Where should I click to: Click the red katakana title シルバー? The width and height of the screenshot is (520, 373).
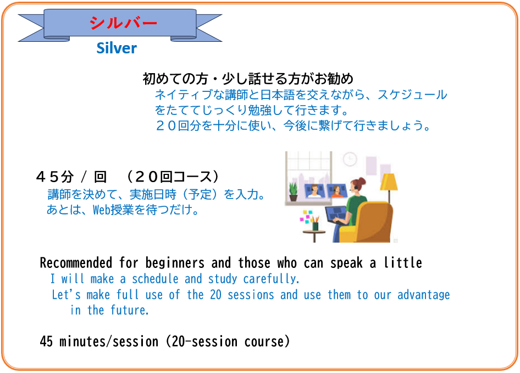point(123,23)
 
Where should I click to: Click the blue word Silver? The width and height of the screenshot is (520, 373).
point(117,48)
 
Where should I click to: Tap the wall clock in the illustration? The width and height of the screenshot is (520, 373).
point(350,159)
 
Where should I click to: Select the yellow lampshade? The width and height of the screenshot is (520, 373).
point(389,182)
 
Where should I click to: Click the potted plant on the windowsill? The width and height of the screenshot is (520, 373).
point(293,191)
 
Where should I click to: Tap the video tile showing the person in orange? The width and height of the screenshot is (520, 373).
point(336,191)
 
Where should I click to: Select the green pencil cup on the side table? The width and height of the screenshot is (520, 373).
point(315,226)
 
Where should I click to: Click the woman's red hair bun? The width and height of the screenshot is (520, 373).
point(362,181)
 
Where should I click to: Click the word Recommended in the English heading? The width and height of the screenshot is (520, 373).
point(76,262)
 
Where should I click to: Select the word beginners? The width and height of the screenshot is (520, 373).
point(175,263)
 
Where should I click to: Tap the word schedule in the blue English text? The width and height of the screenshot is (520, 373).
point(155,279)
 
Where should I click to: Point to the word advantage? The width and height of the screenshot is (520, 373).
point(423,295)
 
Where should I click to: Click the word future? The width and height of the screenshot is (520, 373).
point(129,310)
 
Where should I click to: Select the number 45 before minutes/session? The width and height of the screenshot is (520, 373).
point(46,342)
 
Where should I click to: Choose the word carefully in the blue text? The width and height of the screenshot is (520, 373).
point(272,279)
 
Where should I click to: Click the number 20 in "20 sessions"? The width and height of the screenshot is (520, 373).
point(215,295)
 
